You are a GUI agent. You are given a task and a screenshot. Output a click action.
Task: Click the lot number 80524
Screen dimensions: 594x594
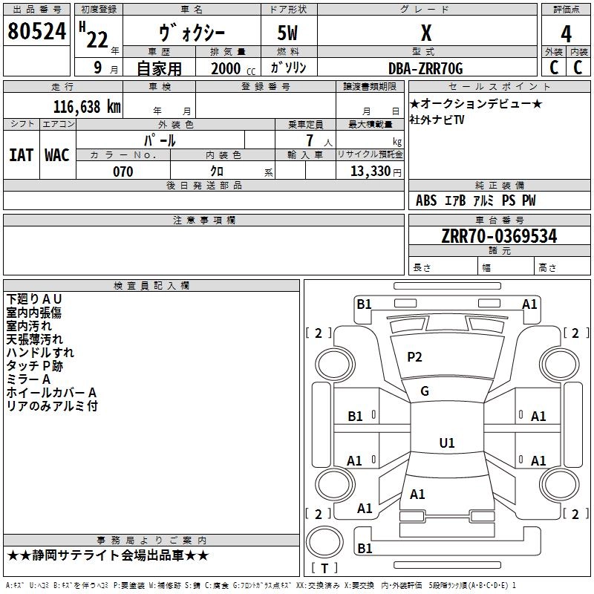[36, 32]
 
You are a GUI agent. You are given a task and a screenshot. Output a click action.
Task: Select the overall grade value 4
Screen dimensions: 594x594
[567, 33]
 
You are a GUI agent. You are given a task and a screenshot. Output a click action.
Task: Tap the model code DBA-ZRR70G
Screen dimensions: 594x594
[425, 68]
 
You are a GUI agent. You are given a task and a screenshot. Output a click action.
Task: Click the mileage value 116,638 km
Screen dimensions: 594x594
[87, 107]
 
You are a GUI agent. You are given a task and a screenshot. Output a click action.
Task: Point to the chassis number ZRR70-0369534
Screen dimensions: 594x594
[499, 237]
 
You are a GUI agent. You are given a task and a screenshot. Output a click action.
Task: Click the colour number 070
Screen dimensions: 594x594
[123, 172]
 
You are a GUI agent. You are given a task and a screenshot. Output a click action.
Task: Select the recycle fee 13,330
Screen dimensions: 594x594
[369, 172]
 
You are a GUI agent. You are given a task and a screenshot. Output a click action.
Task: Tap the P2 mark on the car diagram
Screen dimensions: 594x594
[414, 357]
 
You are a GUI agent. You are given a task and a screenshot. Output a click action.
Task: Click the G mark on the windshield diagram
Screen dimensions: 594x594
[425, 391]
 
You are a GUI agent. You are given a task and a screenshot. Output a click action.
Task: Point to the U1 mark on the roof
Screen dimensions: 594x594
[446, 443]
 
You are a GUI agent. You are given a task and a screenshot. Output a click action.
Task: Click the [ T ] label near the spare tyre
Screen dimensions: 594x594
[324, 568]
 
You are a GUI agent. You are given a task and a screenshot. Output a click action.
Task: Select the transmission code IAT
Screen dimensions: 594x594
[21, 154]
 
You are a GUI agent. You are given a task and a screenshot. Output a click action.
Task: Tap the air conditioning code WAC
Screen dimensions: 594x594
[56, 154]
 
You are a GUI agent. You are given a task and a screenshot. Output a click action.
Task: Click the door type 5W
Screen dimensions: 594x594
[289, 33]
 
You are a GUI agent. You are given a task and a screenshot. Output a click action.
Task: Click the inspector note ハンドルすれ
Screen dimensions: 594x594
[40, 353]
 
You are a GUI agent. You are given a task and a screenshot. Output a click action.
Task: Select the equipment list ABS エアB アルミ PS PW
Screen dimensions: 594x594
[475, 200]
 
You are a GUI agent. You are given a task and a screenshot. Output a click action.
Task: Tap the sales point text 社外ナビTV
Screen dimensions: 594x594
[437, 120]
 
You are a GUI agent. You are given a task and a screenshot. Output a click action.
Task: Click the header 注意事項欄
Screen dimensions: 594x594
[204, 221]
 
